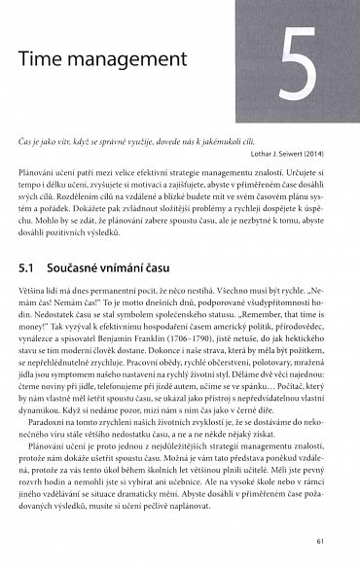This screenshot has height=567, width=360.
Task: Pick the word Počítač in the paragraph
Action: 299,386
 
